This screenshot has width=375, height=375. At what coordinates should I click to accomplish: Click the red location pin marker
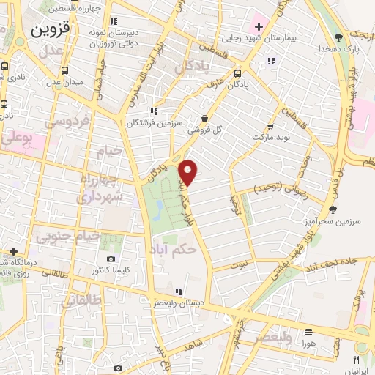188,173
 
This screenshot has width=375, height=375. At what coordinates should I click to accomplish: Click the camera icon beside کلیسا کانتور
111,259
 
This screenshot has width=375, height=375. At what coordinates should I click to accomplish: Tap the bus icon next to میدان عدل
65,71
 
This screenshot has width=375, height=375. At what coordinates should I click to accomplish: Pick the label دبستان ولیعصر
179,302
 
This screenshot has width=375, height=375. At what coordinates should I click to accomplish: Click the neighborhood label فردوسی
67,120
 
